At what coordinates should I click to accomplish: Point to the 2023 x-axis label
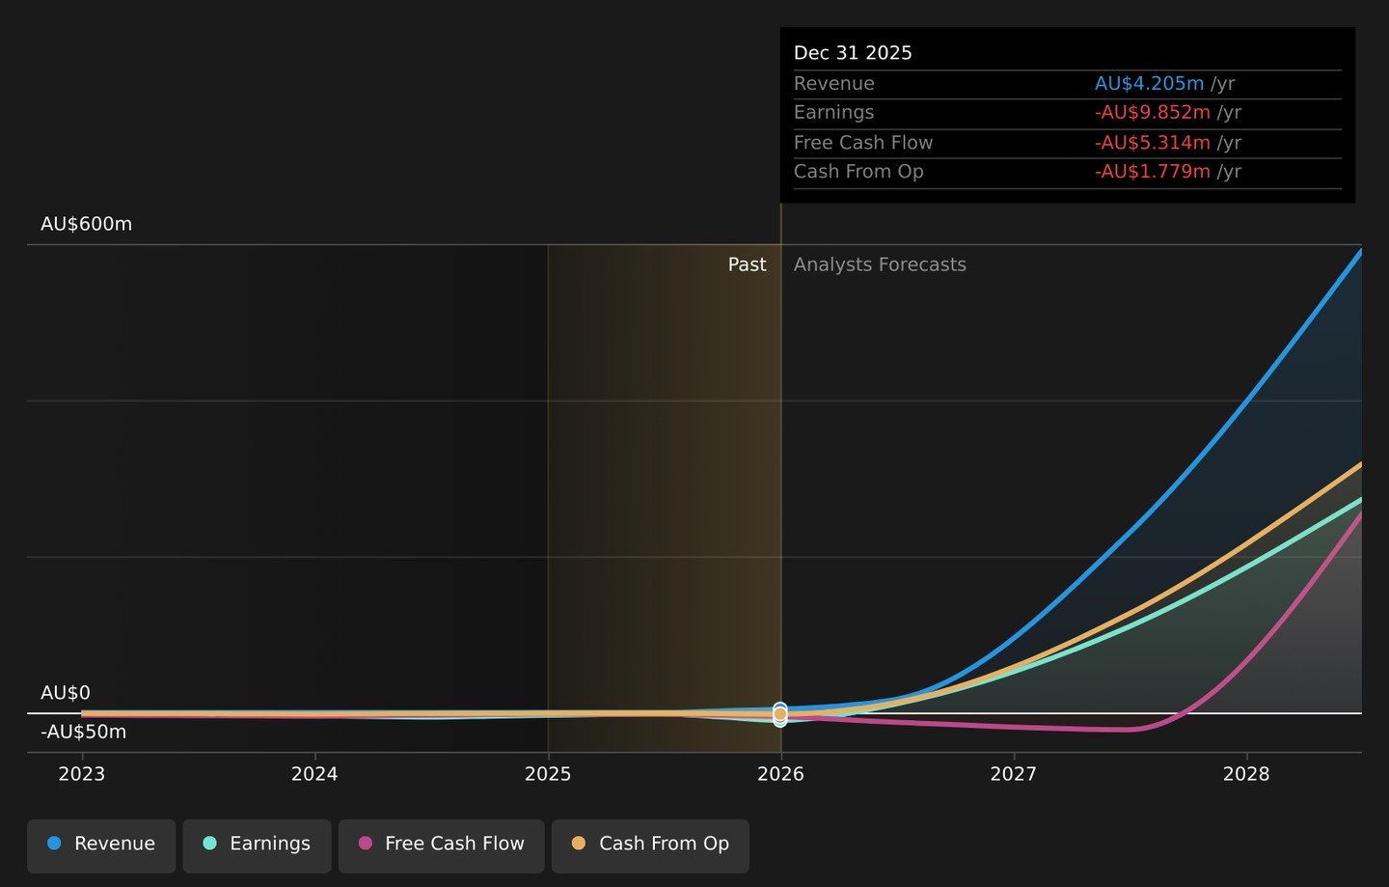82,774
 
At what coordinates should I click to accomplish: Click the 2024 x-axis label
315,774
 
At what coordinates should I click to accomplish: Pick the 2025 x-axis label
548,774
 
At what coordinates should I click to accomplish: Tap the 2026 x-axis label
780,774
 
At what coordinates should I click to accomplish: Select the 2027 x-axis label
1014,774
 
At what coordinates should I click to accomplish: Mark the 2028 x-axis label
1246,774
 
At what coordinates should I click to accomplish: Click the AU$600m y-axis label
86,224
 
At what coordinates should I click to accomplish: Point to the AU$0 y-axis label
66,693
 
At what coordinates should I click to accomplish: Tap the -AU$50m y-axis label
84,732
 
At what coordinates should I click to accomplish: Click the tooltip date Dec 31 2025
853,53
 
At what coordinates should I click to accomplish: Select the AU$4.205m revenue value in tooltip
1149,84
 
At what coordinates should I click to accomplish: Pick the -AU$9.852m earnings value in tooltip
1152,112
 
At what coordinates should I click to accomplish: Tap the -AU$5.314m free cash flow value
1152,143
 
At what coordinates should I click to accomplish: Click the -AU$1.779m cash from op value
1152,171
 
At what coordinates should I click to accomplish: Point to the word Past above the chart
748,264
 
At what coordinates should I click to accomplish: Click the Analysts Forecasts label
880,264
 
